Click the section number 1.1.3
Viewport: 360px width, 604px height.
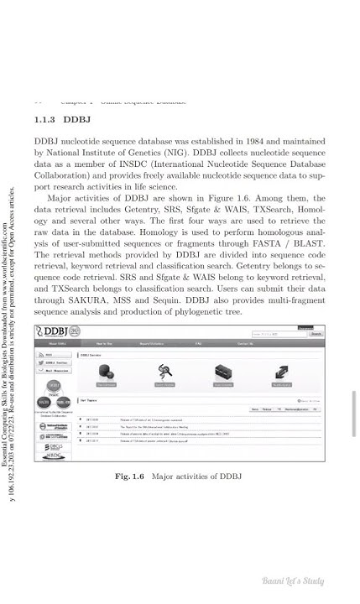43,119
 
